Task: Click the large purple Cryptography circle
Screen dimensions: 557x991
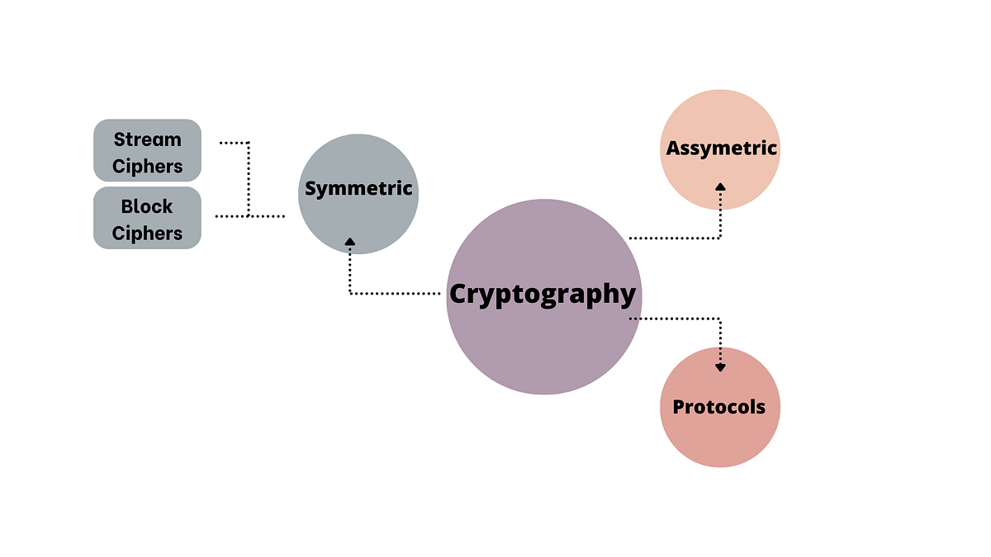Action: click(x=543, y=347)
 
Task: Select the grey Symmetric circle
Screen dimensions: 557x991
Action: click(x=358, y=223)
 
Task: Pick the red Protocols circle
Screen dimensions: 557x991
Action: click(x=720, y=437)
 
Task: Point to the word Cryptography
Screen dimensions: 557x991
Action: click(x=543, y=294)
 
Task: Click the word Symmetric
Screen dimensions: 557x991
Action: click(x=358, y=188)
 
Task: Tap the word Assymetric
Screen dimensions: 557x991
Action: click(x=722, y=149)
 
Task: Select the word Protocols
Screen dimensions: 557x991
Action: click(x=719, y=407)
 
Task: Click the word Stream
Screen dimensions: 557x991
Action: click(x=148, y=139)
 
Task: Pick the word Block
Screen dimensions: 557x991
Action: click(x=147, y=206)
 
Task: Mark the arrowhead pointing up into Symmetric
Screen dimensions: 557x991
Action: click(x=350, y=242)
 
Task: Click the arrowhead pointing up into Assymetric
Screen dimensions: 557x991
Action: click(x=720, y=186)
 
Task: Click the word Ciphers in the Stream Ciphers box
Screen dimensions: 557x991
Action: click(x=148, y=166)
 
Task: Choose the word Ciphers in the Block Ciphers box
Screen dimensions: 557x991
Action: click(x=148, y=234)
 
